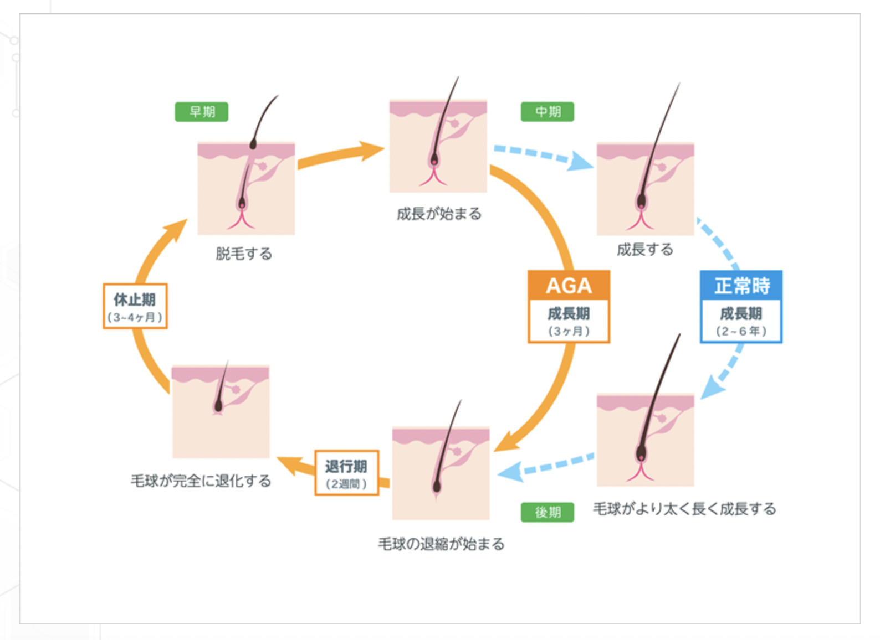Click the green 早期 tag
201,112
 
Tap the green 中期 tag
547,112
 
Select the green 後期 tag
547,513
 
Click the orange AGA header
569,286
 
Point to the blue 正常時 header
741,286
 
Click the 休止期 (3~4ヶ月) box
135,307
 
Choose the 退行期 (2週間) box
346,473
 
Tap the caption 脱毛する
244,254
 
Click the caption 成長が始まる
439,214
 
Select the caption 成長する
644,250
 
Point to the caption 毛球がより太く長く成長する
684,509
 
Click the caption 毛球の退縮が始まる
441,544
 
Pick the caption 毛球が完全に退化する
201,481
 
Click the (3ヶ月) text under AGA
569,331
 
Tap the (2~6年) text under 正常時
741,331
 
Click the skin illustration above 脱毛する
246,188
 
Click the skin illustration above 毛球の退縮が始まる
441,473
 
